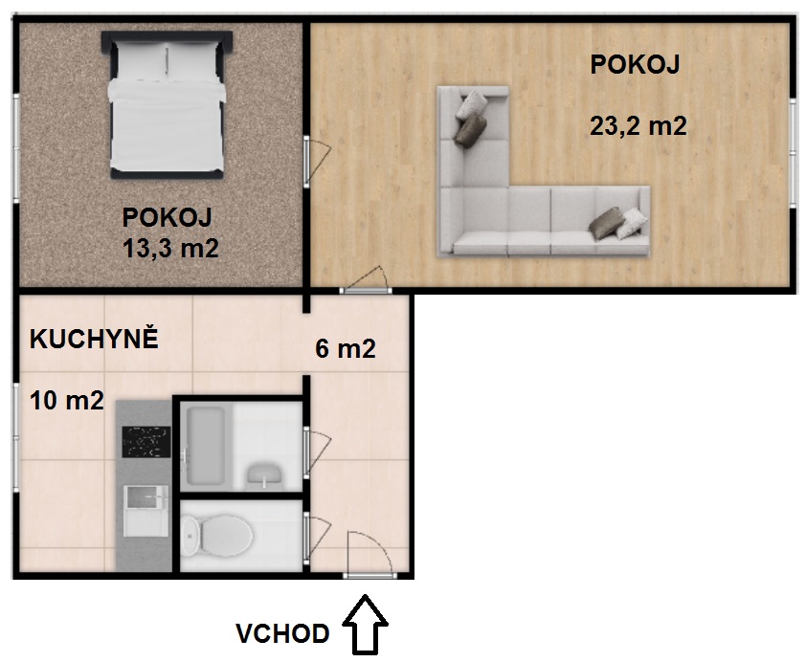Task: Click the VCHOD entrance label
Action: coord(282,633)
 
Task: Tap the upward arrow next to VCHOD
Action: coord(365,625)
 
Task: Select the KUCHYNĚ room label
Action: coord(94,340)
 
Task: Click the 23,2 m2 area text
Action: coord(638,126)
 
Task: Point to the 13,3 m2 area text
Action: coord(170,248)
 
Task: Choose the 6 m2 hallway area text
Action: coord(346,349)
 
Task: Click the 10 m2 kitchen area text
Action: coord(67,401)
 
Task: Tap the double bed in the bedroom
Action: coord(168,105)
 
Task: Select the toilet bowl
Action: coord(217,536)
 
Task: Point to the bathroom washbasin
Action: coord(263,475)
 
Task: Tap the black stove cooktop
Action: coord(146,442)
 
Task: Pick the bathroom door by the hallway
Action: coord(317,452)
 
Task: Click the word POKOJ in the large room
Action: coord(635,65)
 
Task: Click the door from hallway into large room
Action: coord(366,280)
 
